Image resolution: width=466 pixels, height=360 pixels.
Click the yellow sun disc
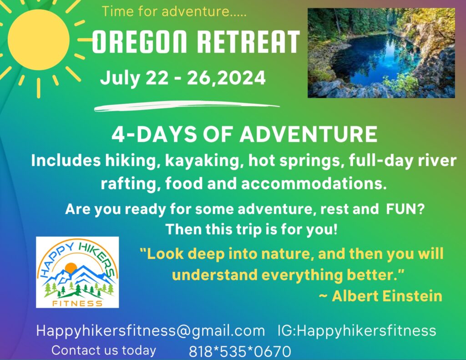point(38,40)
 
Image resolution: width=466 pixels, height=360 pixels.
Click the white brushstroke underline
point(187,106)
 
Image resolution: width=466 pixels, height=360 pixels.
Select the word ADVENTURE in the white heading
point(309,134)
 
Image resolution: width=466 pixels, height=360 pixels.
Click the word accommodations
point(314,183)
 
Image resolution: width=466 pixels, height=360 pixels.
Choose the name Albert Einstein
point(387,296)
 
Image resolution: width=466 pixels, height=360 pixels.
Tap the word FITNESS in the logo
point(77,303)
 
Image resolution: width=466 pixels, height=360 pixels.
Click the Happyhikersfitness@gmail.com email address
point(150,331)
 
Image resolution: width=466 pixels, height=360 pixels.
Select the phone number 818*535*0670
point(240,351)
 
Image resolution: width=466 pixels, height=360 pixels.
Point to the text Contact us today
point(104,350)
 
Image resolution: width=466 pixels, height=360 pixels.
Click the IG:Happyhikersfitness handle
point(357,331)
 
